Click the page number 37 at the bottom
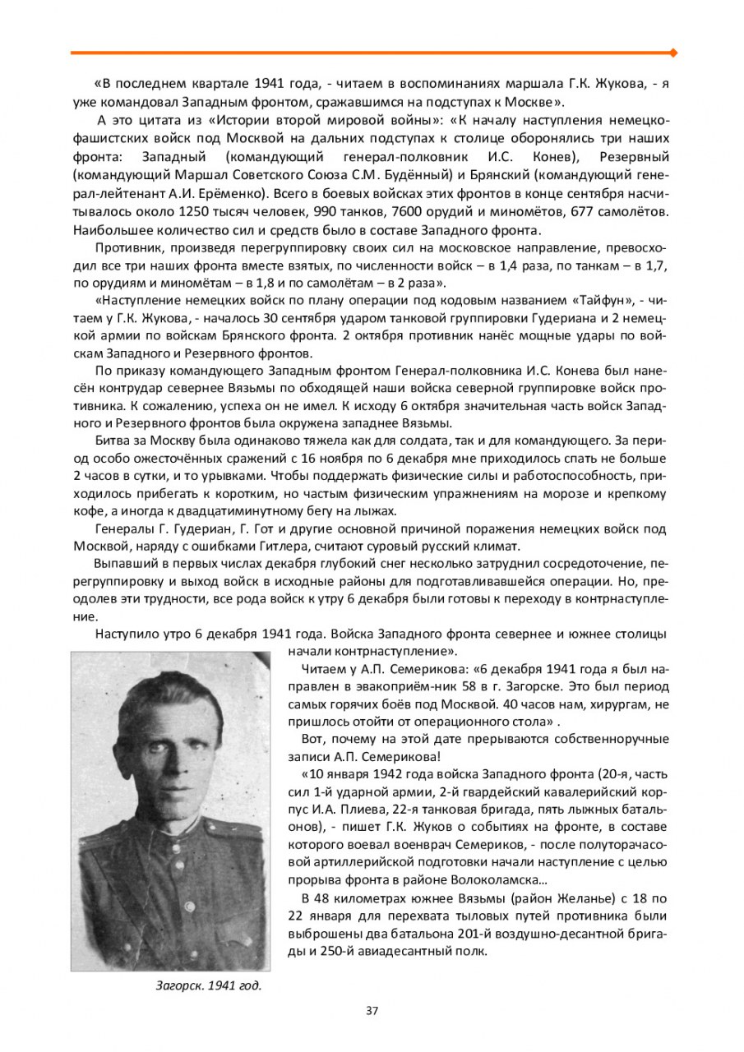[x=372, y=1010]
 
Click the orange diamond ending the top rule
[x=674, y=53]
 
